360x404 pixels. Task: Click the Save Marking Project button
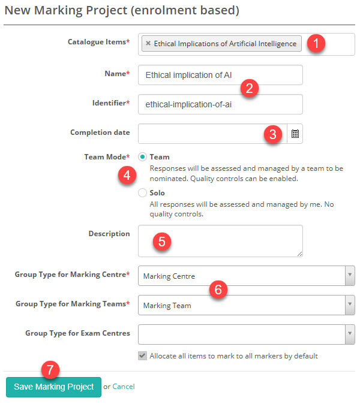[x=53, y=387]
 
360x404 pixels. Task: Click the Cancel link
[x=124, y=387]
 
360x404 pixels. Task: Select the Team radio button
[x=143, y=157]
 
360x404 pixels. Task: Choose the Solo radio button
[x=143, y=193]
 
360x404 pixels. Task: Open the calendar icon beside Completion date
[x=295, y=134]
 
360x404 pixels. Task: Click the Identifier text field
[x=220, y=104]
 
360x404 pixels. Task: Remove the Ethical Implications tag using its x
[x=148, y=44]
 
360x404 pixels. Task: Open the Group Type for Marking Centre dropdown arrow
[x=349, y=276]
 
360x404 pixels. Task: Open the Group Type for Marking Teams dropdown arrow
[x=349, y=305]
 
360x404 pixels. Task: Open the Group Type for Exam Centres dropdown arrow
[x=349, y=334]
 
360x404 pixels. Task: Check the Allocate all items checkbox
[x=142, y=355]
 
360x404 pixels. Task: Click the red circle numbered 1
[x=316, y=44]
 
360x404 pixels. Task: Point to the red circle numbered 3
[x=273, y=134]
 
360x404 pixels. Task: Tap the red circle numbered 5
[x=162, y=241]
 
